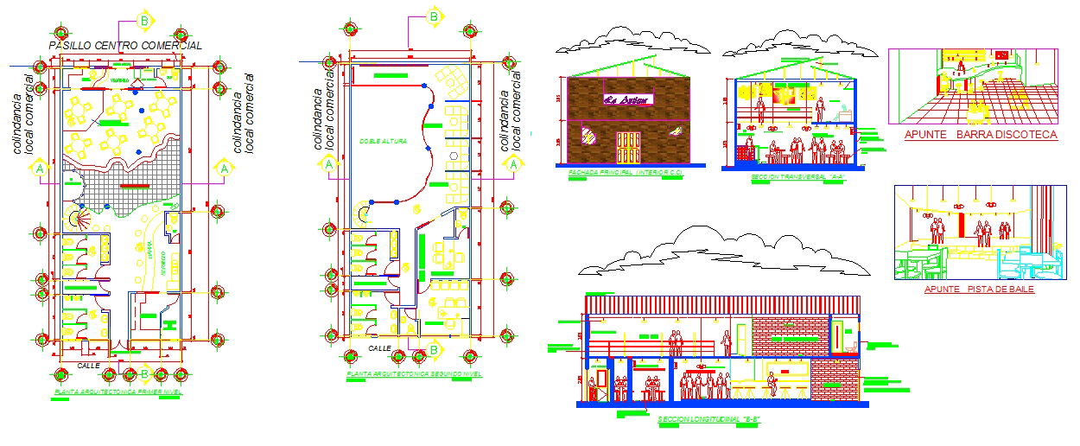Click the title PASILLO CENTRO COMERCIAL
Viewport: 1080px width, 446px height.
tap(125, 45)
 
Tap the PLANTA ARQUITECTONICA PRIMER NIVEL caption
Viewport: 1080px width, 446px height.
tap(118, 392)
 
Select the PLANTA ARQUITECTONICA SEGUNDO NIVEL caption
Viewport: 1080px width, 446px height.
tap(414, 374)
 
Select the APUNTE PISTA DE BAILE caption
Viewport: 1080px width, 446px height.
tap(978, 290)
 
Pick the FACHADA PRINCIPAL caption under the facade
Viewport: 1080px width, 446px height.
tap(626, 174)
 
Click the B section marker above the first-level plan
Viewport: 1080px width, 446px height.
tap(144, 20)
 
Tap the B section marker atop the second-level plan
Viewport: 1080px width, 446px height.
tap(434, 16)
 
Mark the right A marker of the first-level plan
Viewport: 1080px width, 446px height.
tap(224, 169)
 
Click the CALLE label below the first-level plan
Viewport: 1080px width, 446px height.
tap(88, 366)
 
